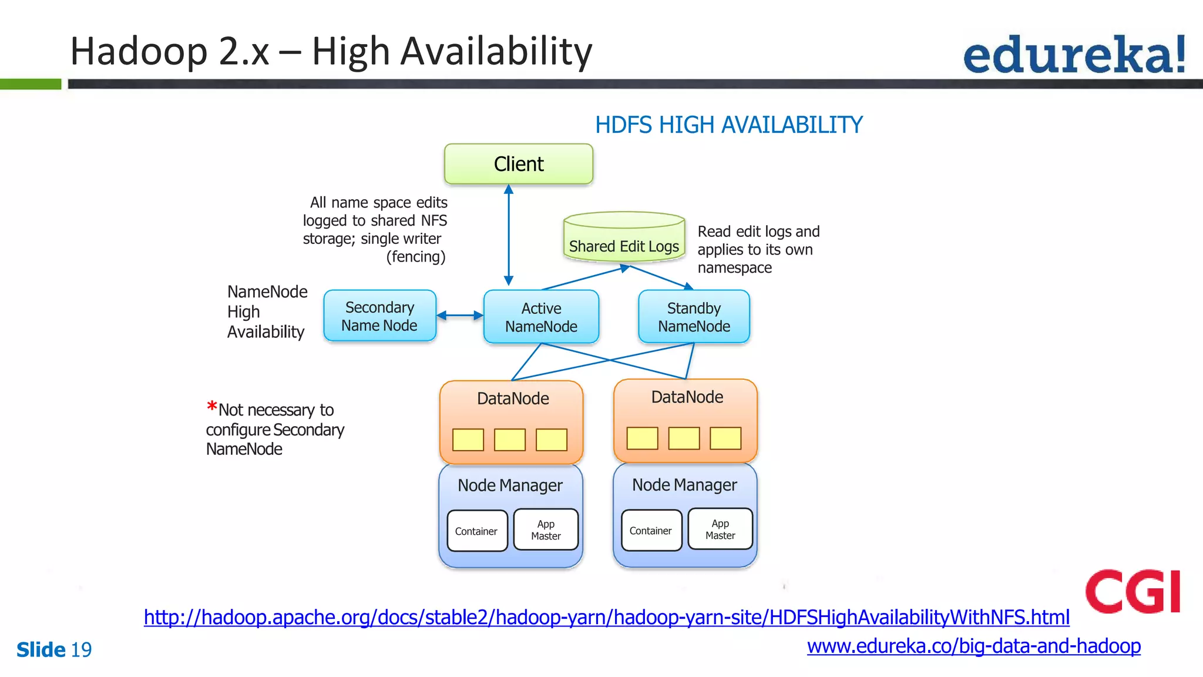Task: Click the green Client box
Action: click(x=518, y=164)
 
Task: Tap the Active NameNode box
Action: click(x=541, y=317)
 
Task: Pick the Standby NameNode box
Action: click(x=694, y=317)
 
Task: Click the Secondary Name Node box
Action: click(x=379, y=316)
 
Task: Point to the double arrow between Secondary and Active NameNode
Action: click(x=459, y=316)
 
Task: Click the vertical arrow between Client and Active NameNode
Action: click(x=509, y=235)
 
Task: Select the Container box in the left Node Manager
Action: click(x=476, y=531)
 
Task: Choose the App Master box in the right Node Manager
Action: click(x=720, y=529)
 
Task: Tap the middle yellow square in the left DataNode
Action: click(x=509, y=440)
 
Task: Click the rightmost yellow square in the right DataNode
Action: click(x=725, y=438)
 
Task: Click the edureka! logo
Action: click(x=1074, y=54)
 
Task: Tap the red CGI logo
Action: click(x=1133, y=591)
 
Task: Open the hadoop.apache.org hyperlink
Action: click(x=606, y=617)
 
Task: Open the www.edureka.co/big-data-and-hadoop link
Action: click(x=973, y=646)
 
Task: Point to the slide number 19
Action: click(x=81, y=650)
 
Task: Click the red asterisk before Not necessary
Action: click(x=211, y=407)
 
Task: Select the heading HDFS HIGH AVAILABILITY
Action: click(x=728, y=125)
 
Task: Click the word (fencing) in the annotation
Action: click(x=416, y=257)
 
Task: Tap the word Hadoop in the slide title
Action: click(x=139, y=52)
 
